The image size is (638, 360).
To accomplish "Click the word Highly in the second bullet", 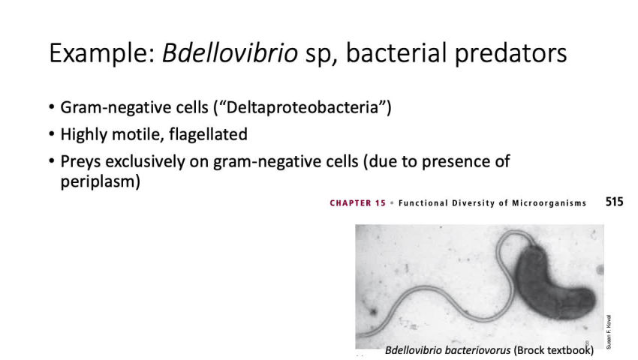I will pyautogui.click(x=85, y=135).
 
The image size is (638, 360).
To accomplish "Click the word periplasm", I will pyautogui.click(x=99, y=181).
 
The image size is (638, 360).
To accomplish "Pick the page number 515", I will pyautogui.click(x=614, y=202).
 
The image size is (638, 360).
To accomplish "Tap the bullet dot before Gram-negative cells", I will pyautogui.click(x=52, y=109).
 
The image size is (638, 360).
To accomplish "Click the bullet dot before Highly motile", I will pyautogui.click(x=52, y=136).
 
